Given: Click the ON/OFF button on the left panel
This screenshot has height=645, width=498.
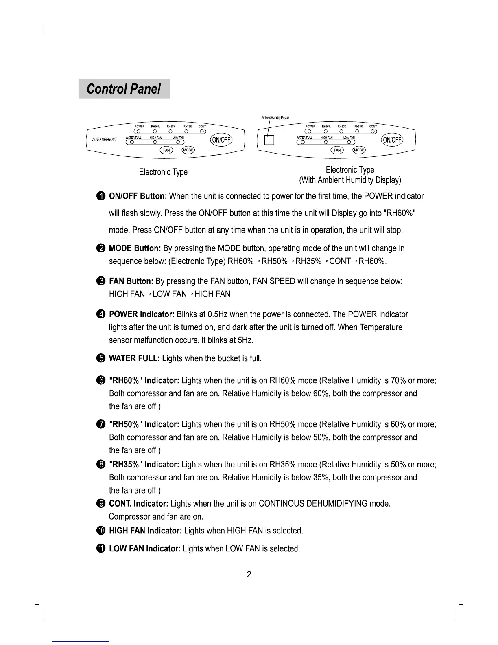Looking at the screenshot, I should [x=221, y=140].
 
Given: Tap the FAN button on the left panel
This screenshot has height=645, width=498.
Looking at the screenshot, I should [x=166, y=150].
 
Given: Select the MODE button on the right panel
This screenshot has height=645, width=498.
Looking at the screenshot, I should [x=359, y=150].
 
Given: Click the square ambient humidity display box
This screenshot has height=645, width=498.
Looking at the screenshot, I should [x=270, y=140].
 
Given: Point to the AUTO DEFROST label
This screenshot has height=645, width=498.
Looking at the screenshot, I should [x=104, y=140].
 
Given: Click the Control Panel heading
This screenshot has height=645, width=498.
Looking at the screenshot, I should [x=124, y=89].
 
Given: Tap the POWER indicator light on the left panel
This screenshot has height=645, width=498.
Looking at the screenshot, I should [x=138, y=131].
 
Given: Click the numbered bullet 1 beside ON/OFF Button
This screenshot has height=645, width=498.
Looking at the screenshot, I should [x=101, y=196].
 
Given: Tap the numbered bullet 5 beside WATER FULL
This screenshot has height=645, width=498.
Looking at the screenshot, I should [x=101, y=358].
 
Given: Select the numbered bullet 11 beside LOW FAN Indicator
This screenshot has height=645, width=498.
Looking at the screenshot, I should [x=101, y=548].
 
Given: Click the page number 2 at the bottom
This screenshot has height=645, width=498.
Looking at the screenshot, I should [x=249, y=575].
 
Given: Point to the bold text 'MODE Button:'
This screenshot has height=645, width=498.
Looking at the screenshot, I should [x=135, y=248].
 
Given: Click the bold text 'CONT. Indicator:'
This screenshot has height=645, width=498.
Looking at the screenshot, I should [x=138, y=504].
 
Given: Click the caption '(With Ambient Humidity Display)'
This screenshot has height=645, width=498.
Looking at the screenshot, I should [x=350, y=180].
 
